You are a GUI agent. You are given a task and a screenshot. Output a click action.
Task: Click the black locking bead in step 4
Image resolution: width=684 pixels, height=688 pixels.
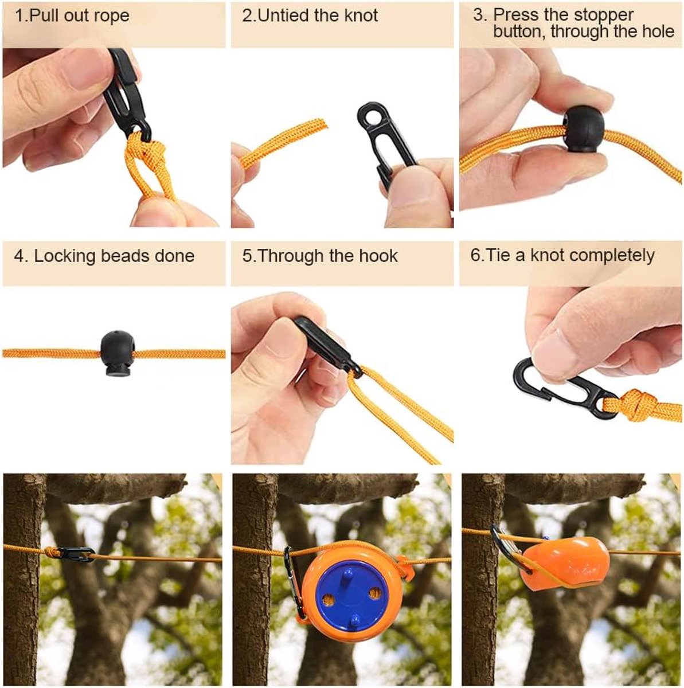click(115, 354)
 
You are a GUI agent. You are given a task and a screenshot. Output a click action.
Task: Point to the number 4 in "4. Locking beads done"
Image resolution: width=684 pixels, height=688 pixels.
click(18, 256)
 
